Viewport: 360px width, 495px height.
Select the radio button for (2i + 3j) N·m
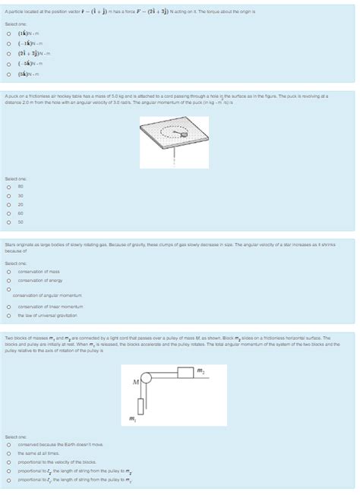click(x=8, y=54)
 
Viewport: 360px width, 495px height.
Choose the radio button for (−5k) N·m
click(x=8, y=64)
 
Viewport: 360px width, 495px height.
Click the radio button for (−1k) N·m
click(x=8, y=44)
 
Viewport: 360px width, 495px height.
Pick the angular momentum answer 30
click(x=8, y=195)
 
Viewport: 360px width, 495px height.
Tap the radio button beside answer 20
click(x=8, y=204)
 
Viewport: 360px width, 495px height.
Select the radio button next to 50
click(x=8, y=222)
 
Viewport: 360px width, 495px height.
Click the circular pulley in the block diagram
click(x=146, y=375)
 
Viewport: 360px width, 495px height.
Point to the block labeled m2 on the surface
click(x=190, y=372)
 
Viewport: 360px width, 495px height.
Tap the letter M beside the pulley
click(x=136, y=383)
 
